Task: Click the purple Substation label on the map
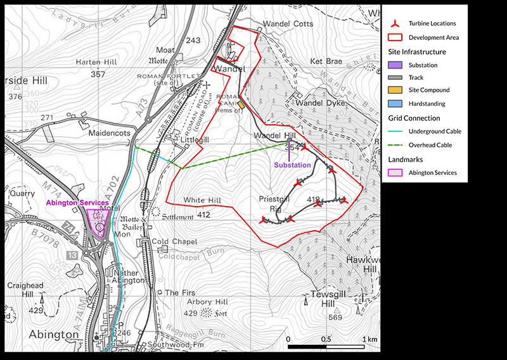(x=292, y=165)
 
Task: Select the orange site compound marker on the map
(x=241, y=105)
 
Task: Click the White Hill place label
(x=201, y=200)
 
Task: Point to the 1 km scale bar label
(x=369, y=339)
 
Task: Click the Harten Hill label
(x=93, y=62)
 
